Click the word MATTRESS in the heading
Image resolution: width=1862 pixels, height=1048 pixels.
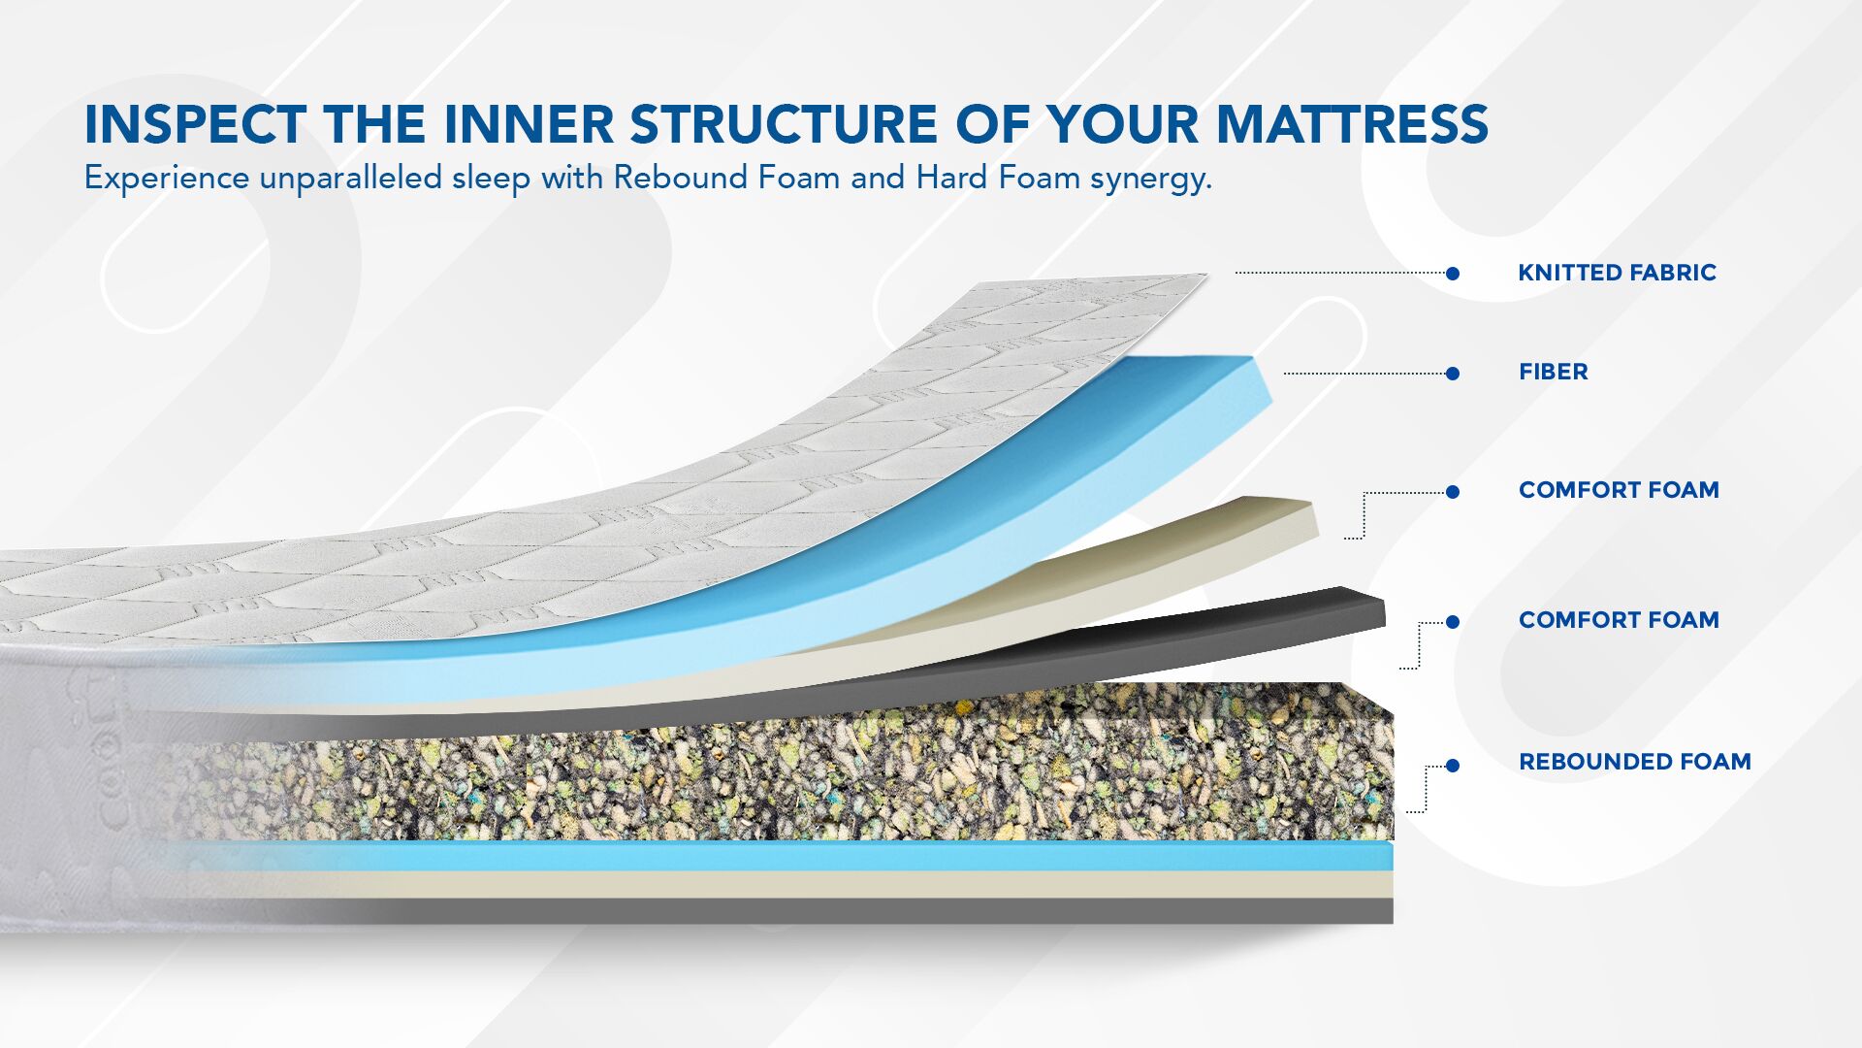[1352, 124]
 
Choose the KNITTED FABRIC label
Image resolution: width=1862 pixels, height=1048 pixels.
[1617, 273]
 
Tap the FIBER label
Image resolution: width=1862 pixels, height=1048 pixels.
[1553, 372]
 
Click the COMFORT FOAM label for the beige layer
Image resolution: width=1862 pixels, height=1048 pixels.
[1619, 490]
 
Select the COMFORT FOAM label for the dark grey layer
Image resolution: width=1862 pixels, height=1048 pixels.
[1619, 620]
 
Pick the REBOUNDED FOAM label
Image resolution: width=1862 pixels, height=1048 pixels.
[1634, 762]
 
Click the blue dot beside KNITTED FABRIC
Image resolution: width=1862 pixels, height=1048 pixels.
[1453, 274]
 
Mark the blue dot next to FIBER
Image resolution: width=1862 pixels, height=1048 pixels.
[1453, 374]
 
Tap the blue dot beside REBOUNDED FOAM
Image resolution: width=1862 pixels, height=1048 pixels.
[1453, 766]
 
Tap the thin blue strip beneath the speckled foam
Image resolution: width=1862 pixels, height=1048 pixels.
[776, 856]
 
